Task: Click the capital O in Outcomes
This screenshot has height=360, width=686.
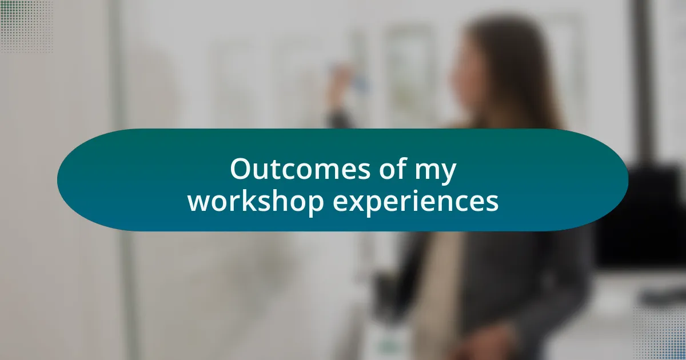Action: point(241,169)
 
